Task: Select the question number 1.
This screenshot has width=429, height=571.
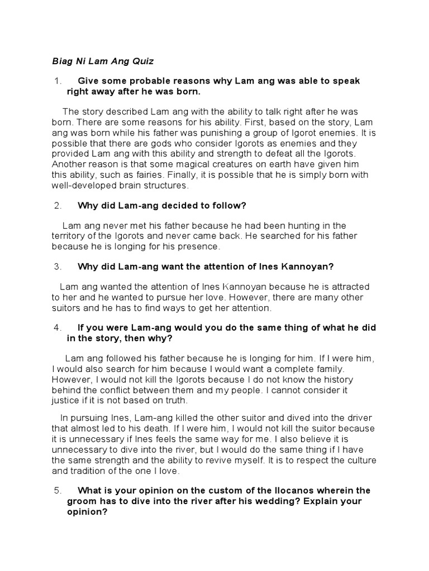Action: [x=55, y=81]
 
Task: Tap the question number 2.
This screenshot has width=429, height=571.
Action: [x=57, y=206]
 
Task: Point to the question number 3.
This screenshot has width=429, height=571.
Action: [x=57, y=267]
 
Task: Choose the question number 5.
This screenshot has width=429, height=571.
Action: [x=57, y=491]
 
